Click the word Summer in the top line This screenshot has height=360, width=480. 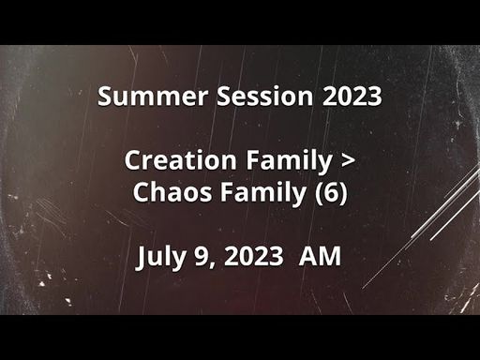pos(153,96)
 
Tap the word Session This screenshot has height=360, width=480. pos(264,96)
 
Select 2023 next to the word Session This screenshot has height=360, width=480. pos(352,96)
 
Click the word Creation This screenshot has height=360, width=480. pos(180,160)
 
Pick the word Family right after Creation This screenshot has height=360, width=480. pos(289,161)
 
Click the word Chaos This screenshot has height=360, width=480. pos(172,191)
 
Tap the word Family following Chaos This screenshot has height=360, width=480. pos(263,193)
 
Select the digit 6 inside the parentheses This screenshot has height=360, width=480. pos(331,192)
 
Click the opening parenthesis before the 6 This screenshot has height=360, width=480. pos(320,193)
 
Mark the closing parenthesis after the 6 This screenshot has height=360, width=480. pos(343,193)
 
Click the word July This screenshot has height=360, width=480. pos(160,257)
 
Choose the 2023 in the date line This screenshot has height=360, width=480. pos(253,256)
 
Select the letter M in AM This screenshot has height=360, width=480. pos(330,256)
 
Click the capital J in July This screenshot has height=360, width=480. pos(141,258)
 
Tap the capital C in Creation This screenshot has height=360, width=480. pos(133,160)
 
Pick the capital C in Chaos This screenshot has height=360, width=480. pos(141,191)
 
